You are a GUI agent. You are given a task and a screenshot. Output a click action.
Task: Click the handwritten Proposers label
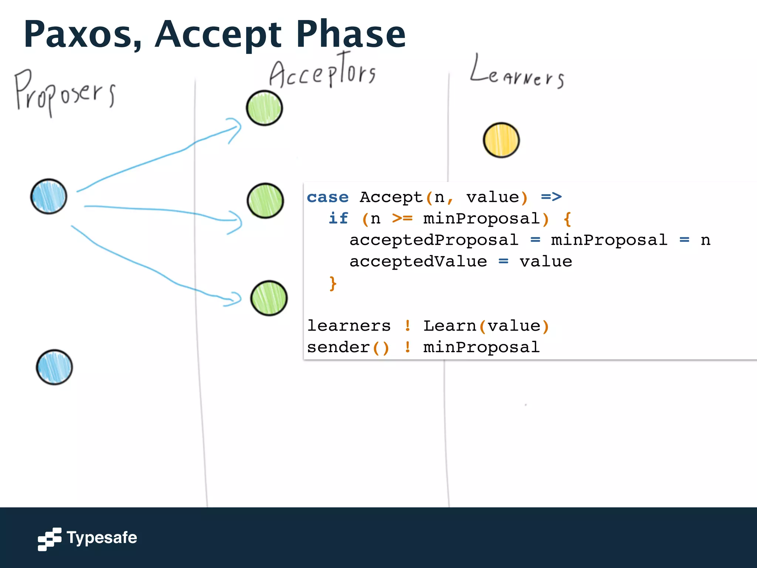[65, 92]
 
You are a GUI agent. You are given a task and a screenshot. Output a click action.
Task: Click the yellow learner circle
[501, 140]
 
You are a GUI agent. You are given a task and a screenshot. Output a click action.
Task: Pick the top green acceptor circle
[264, 108]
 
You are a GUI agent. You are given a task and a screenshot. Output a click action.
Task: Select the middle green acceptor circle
[265, 201]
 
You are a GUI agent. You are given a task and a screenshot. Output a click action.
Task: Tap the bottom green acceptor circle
[269, 298]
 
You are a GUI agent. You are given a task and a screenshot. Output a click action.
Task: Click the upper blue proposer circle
[49, 196]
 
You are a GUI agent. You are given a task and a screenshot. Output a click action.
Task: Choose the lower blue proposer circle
[54, 367]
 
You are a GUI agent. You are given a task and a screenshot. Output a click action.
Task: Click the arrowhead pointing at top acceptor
[236, 129]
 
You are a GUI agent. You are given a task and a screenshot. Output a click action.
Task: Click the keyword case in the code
[327, 197]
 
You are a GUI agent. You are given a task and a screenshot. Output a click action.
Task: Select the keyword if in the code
[338, 219]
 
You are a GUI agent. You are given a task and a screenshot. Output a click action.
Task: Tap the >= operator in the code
[402, 219]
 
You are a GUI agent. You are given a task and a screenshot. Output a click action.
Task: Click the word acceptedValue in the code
[418, 261]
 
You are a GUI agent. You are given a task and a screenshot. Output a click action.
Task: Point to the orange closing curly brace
[333, 283]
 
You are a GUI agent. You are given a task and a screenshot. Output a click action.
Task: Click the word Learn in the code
[449, 326]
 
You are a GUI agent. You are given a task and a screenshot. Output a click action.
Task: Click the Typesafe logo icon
[50, 539]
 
